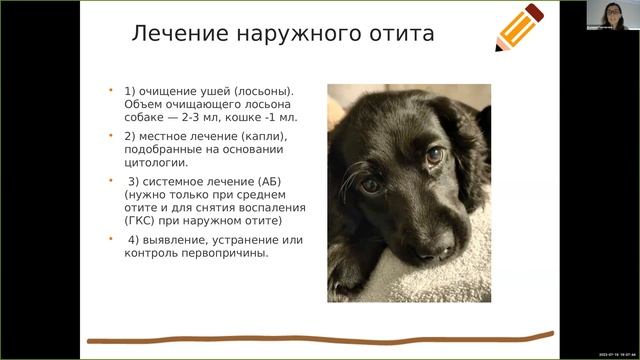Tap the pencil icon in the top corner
click(x=519, y=27)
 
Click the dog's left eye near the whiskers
click(x=371, y=185)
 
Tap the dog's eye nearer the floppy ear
click(x=434, y=155)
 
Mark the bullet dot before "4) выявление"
click(x=112, y=239)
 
